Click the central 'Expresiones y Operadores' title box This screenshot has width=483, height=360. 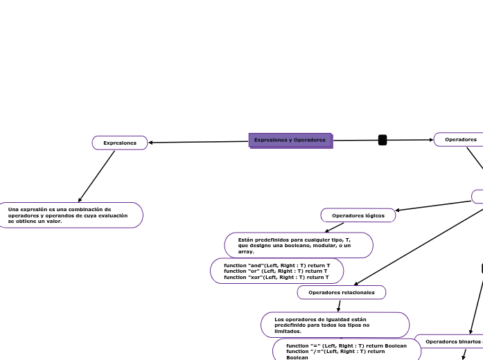tap(290, 140)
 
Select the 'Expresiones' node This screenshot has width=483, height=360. tap(120, 143)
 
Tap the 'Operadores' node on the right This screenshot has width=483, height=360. tap(460, 139)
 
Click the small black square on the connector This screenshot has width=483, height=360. tap(383, 140)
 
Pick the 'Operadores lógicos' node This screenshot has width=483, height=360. tap(358, 215)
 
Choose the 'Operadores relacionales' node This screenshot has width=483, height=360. tap(341, 292)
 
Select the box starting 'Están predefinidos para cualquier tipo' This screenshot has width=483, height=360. tap(299, 245)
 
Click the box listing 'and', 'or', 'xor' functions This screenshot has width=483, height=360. tap(276, 271)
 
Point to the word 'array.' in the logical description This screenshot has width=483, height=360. tap(246, 251)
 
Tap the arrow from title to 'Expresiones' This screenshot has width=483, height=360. tap(197, 142)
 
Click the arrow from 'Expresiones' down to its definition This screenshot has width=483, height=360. tap(97, 176)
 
